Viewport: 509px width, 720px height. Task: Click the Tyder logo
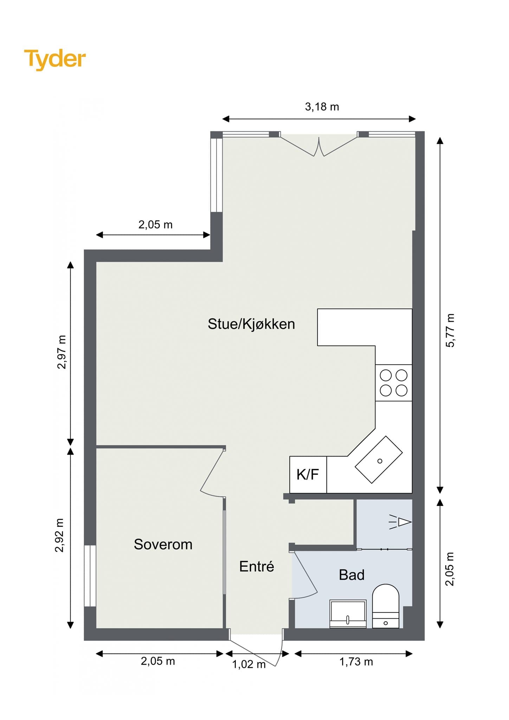tap(55, 59)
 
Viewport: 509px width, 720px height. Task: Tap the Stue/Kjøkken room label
tap(251, 324)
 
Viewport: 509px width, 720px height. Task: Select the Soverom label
tap(163, 545)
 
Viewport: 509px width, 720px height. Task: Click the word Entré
tap(257, 566)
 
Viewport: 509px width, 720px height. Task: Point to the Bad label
tap(352, 575)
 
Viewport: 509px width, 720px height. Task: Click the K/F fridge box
tap(308, 475)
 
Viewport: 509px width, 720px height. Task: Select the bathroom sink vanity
tap(348, 614)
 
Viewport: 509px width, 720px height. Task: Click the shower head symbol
tap(400, 522)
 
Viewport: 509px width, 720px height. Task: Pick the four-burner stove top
tap(394, 383)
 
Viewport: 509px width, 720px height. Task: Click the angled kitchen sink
tap(379, 459)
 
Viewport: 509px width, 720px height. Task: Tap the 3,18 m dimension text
tap(322, 107)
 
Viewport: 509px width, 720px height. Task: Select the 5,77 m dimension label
tap(450, 330)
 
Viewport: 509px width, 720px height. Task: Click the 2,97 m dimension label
tap(62, 352)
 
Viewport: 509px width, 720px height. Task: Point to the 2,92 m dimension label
tap(59, 535)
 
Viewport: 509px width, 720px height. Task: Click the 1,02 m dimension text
tap(249, 664)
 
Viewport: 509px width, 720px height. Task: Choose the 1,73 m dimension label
tap(356, 662)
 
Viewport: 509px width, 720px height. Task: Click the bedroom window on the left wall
tap(90, 576)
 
